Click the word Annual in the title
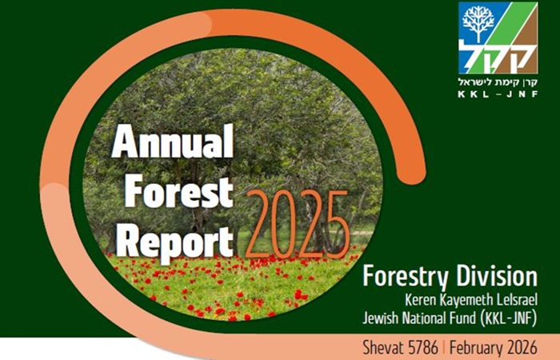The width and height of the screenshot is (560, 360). [x=173, y=142]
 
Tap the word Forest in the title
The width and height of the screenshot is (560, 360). [x=179, y=191]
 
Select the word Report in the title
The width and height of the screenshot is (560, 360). [x=174, y=242]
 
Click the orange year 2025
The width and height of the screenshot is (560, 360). [x=297, y=225]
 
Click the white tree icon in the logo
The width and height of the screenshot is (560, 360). [x=478, y=23]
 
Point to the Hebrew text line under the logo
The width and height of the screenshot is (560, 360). [x=498, y=82]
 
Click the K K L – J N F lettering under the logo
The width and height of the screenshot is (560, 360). [x=498, y=94]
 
